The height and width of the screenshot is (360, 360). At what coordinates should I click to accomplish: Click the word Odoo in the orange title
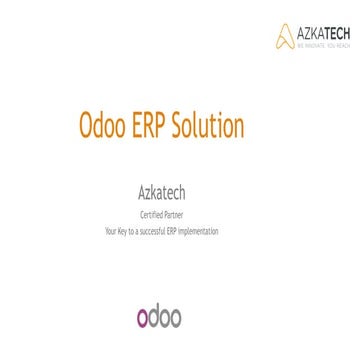104,127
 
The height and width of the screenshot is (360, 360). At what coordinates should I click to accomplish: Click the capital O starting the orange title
87,127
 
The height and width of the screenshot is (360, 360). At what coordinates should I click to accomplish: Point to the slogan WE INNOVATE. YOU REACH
323,45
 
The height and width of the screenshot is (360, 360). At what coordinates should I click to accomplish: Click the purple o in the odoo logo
144,318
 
